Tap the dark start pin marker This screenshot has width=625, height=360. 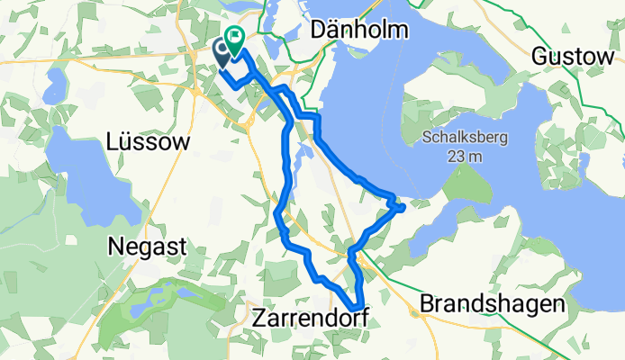pyautogui.click(x=222, y=52)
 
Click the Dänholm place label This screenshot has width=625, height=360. pyautogui.click(x=358, y=30)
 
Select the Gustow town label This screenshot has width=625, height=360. pyautogui.click(x=573, y=56)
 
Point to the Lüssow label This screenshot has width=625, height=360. pyautogui.click(x=148, y=141)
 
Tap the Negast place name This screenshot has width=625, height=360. pyautogui.click(x=147, y=246)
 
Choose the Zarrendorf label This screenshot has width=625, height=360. pyautogui.click(x=311, y=318)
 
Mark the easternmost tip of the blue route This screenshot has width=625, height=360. pyautogui.click(x=403, y=207)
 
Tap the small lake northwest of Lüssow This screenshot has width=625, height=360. pyautogui.click(x=54, y=87)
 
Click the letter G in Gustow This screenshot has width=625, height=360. pyautogui.click(x=539, y=56)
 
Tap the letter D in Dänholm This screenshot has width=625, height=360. pyautogui.click(x=317, y=30)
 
